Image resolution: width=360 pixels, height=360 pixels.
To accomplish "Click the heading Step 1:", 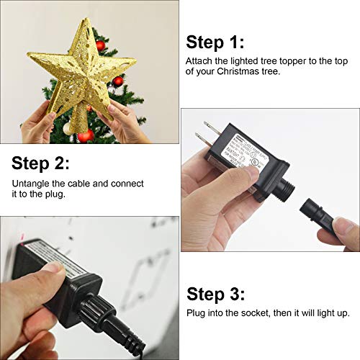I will point(215,41).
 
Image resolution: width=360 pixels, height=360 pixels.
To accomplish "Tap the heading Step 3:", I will point(215,294).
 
